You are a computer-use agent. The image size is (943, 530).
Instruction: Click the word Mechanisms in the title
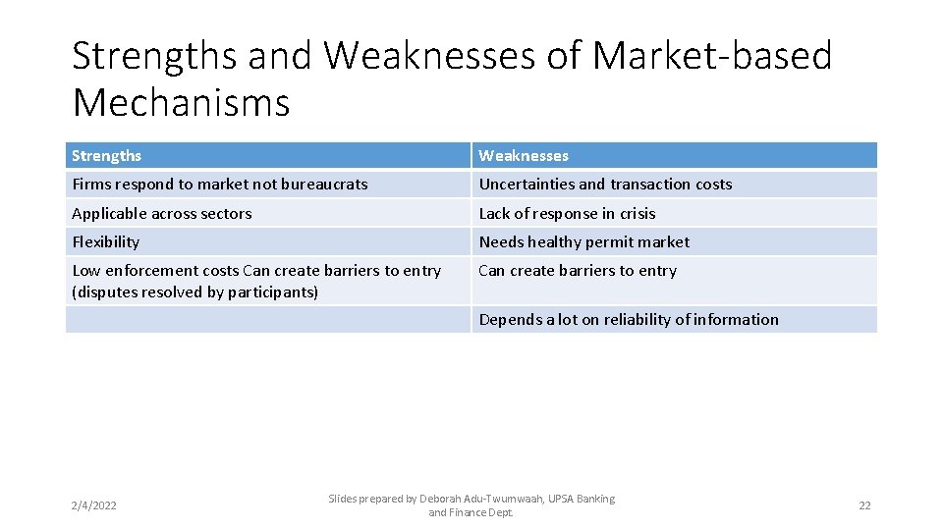[181, 102]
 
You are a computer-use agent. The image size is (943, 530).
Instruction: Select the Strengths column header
[106, 155]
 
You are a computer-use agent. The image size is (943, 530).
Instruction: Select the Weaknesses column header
[524, 155]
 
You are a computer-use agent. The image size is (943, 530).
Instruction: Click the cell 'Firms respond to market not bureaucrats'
[220, 184]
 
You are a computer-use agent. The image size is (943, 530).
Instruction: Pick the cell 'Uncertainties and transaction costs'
[605, 184]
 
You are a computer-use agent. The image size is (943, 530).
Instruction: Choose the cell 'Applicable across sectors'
[162, 213]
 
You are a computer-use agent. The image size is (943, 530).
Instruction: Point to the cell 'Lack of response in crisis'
[567, 213]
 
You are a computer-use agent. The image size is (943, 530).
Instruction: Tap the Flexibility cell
[106, 241]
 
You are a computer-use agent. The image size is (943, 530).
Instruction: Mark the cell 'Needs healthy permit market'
[584, 241]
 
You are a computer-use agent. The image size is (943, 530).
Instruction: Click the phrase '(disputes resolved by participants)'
[195, 292]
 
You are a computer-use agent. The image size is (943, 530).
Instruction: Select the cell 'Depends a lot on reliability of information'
[629, 319]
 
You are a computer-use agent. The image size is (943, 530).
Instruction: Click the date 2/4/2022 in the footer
[93, 505]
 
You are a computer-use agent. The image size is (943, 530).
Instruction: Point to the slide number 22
[864, 505]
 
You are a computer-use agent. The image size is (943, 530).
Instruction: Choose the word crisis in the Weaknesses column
[638, 213]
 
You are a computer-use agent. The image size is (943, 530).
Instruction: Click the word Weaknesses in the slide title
[429, 56]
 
